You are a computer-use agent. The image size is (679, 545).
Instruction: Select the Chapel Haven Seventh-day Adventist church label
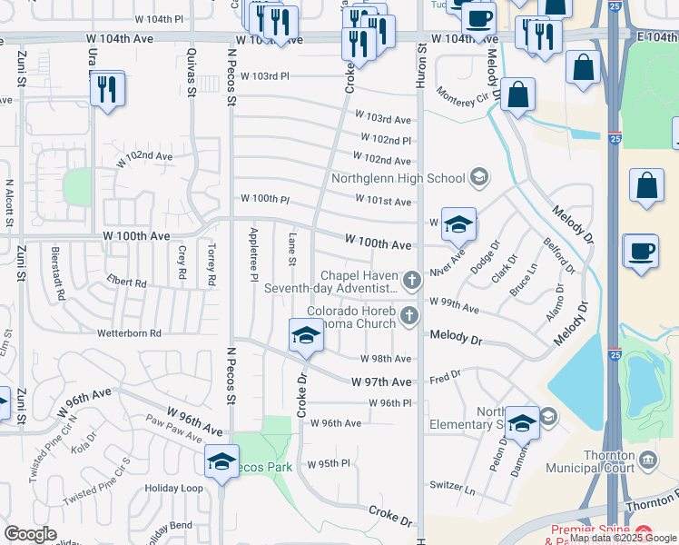click(x=331, y=282)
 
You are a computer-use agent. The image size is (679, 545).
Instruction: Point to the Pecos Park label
click(x=269, y=467)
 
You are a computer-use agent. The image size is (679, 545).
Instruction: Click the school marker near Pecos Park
click(x=221, y=461)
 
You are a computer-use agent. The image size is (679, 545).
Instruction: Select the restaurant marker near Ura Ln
click(x=108, y=89)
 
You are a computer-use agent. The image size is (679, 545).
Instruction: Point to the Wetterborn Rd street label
click(x=129, y=333)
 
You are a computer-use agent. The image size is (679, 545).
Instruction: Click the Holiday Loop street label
click(x=174, y=488)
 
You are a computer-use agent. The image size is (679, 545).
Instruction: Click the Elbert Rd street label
click(x=126, y=282)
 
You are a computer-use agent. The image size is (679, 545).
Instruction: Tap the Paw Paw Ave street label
click(x=173, y=426)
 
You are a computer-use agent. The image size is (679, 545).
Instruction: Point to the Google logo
click(x=30, y=534)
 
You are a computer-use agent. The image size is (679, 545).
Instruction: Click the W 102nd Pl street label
click(x=385, y=140)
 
